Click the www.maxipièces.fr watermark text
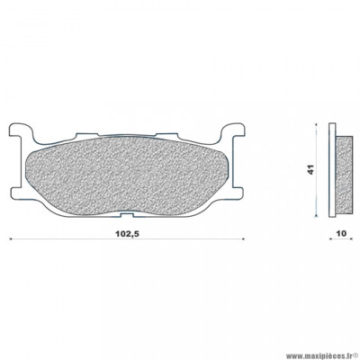(x=292, y=347)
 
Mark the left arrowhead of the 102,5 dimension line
(x=11, y=239)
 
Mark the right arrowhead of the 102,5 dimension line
(x=243, y=239)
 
